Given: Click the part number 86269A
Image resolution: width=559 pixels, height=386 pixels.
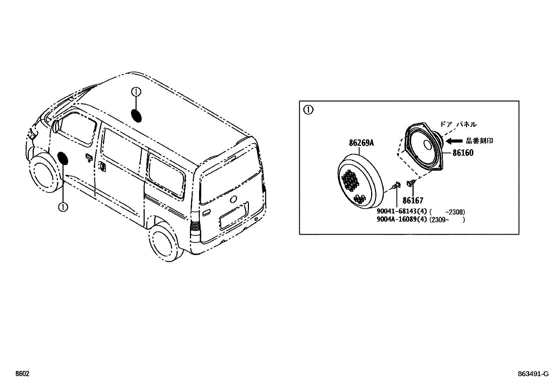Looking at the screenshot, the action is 361,143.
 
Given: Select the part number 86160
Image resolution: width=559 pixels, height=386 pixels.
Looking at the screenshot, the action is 462,153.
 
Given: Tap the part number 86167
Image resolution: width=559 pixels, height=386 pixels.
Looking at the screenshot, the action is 413,201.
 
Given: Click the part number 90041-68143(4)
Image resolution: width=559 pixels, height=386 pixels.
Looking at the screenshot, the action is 401,212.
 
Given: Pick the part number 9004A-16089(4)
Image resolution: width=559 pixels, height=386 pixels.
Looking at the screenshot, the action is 401,220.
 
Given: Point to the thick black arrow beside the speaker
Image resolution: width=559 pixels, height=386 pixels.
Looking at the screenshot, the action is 454,141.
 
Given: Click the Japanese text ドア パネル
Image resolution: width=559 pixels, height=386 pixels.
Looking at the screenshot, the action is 458,124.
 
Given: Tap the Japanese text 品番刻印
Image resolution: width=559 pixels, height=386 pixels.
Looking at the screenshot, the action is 479,141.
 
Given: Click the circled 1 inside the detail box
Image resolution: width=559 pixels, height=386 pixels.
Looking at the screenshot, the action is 308,110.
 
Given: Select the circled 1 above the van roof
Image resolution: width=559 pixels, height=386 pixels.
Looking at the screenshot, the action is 136,92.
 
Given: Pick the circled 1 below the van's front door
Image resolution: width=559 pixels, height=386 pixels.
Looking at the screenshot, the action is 63,207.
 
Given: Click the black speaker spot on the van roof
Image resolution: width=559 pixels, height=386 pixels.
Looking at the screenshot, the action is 136,116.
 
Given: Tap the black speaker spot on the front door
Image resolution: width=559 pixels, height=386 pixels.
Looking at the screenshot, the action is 63,158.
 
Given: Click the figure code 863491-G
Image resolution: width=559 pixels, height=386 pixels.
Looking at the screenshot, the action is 532,374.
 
